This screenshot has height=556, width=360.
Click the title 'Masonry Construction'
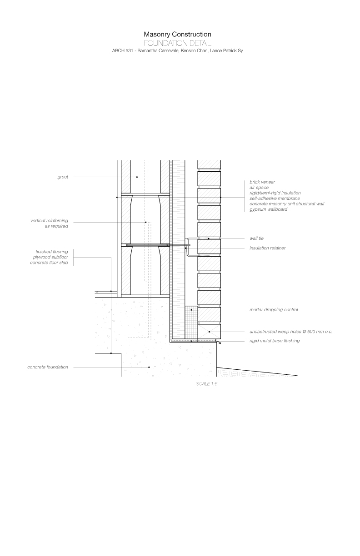pyautogui.click(x=177, y=34)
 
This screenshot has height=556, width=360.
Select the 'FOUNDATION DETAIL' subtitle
pyautogui.click(x=177, y=43)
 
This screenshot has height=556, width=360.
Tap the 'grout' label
pyautogui.click(x=63, y=177)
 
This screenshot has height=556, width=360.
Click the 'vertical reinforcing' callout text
pyautogui.click(x=50, y=221)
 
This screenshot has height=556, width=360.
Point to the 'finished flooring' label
pyautogui.click(x=52, y=252)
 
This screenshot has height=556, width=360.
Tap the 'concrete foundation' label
pyautogui.click(x=48, y=367)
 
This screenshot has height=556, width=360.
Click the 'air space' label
pyautogui.click(x=259, y=187)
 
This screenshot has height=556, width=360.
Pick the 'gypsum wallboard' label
pyautogui.click(x=268, y=209)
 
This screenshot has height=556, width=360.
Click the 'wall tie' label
pyautogui.click(x=257, y=238)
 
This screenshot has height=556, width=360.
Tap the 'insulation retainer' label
pyautogui.click(x=267, y=248)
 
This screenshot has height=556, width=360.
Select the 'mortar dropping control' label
pyautogui.click(x=274, y=310)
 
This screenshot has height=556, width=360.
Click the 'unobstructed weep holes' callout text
pyautogui.click(x=291, y=332)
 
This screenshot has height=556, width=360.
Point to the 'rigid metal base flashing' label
pyautogui.click(x=275, y=341)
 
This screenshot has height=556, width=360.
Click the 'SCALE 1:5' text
pyautogui.click(x=207, y=384)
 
